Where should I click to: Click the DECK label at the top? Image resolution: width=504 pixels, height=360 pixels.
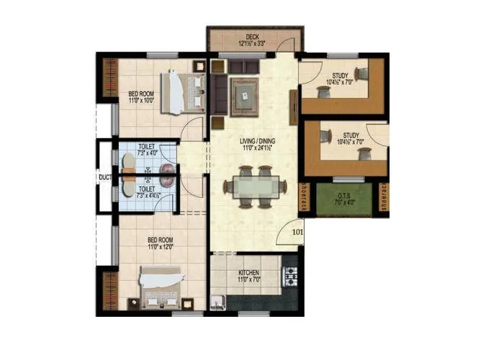(x=252, y=36)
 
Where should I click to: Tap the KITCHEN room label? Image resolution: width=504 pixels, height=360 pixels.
(x=248, y=273)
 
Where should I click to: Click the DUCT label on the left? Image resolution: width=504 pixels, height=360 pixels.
(x=104, y=175)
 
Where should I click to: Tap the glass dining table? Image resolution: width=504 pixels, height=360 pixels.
(x=251, y=186)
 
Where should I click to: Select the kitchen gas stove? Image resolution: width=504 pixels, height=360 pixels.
(x=292, y=274)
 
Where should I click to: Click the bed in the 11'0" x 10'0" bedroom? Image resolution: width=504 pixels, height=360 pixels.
(x=181, y=92)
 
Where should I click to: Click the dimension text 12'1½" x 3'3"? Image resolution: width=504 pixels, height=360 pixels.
(x=252, y=42)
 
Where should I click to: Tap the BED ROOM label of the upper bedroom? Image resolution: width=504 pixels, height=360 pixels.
(x=141, y=93)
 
